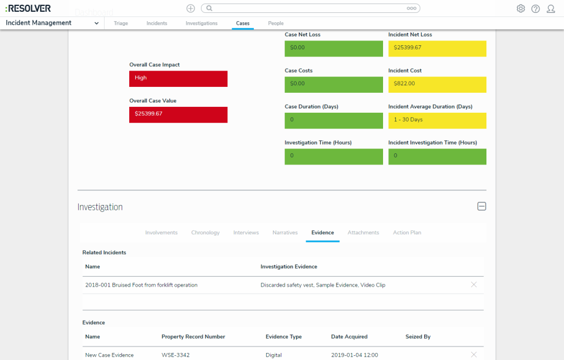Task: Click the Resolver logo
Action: point(28,8)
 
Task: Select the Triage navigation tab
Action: point(120,23)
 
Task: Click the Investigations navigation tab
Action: point(202,23)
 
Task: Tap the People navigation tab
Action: point(276,23)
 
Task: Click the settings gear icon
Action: point(521,9)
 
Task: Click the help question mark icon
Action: point(535,9)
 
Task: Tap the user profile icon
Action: point(550,9)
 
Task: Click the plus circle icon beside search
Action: point(190,8)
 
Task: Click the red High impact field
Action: point(178,78)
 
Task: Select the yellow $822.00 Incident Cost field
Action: point(437,84)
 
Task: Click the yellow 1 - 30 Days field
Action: point(437,120)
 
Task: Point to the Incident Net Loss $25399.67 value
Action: point(437,48)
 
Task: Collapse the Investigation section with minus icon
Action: point(481,207)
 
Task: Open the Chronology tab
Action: point(205,233)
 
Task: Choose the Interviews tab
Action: point(246,233)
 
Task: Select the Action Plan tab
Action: point(407,233)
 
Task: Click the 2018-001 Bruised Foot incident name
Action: point(141,285)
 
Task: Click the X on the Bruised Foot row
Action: point(474,285)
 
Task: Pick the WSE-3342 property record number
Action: point(175,355)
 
